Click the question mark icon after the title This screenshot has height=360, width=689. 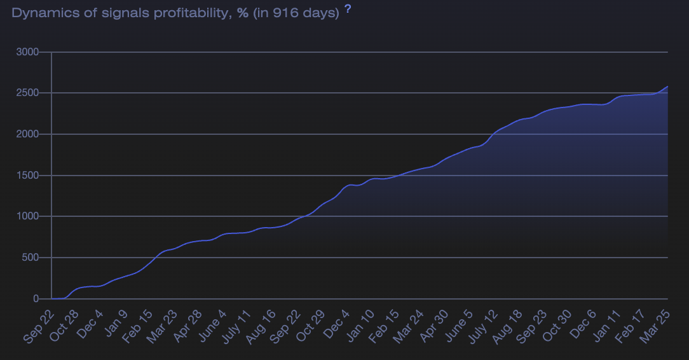348,10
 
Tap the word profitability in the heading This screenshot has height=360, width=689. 194,13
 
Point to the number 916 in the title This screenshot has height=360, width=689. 283,13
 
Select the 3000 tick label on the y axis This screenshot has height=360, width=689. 27,52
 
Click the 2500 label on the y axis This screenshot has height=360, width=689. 27,93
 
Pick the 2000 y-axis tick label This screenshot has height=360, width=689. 27,134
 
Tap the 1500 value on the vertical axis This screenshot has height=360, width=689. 27,176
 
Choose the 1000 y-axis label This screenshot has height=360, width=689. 27,217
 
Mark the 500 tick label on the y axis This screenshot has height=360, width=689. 30,258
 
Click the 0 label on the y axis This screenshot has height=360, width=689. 36,299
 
